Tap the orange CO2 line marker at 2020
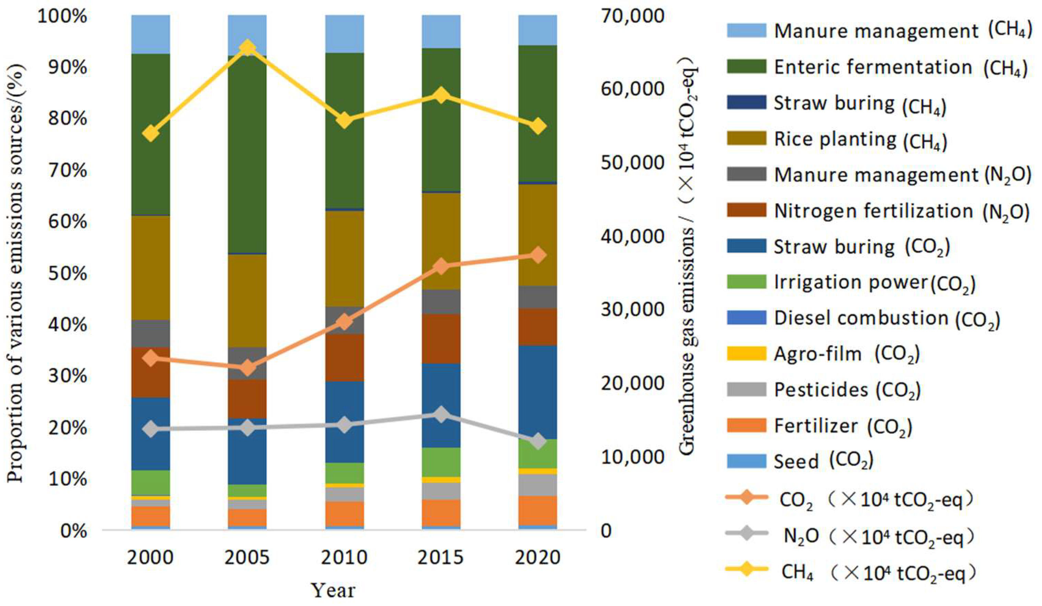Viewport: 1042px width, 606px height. [x=537, y=255]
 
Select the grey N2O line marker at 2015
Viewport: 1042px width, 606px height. [x=441, y=414]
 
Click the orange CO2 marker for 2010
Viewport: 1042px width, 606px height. [x=344, y=322]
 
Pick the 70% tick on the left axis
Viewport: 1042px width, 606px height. [x=68, y=170]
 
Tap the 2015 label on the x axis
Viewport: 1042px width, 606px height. [x=441, y=557]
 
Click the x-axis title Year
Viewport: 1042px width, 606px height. [x=333, y=591]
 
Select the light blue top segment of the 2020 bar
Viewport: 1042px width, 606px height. [x=537, y=30]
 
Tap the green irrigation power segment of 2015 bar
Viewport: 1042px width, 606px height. [x=441, y=462]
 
